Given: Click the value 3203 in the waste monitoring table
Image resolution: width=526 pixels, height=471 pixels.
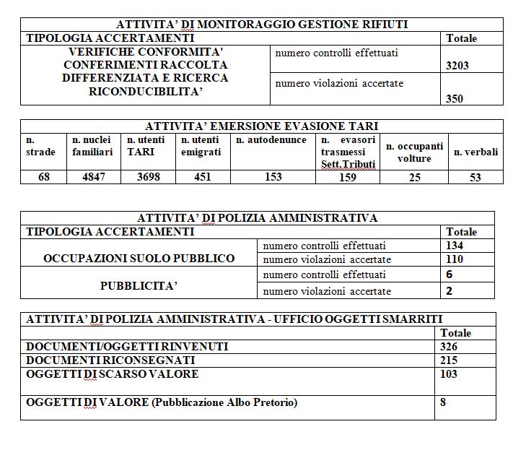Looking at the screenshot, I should tap(457, 65).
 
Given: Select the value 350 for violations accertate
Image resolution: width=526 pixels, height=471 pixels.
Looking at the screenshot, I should tap(455, 99).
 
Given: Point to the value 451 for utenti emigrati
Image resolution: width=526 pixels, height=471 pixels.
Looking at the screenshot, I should tap(203, 177).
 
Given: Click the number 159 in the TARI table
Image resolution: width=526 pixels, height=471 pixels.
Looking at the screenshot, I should tap(348, 178).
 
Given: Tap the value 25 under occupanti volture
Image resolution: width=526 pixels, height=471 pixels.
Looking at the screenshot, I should tap(414, 178).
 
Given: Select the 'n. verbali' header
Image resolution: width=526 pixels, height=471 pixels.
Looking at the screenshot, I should tap(475, 152).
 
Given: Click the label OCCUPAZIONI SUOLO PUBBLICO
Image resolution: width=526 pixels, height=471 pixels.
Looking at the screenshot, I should tap(139, 259).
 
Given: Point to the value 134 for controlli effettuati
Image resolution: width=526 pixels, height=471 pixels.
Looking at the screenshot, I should tap(455, 246).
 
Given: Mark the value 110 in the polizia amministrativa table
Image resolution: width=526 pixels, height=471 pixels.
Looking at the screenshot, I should tap(455, 259).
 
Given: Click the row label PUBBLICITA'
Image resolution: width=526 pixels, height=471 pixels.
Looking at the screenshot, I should tap(139, 285).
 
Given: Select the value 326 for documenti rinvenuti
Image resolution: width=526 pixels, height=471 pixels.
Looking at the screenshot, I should tap(448, 347).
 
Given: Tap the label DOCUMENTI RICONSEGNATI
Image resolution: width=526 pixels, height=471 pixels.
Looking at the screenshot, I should tap(110, 360).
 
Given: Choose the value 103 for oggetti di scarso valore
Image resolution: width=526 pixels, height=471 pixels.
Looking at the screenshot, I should tap(448, 374).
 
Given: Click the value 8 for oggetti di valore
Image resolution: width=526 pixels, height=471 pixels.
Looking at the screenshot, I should tap(442, 402).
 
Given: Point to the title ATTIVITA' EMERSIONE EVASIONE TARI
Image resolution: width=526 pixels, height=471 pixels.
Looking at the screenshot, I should tap(261, 126).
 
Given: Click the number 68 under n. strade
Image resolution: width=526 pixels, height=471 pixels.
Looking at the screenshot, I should tap(44, 177).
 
